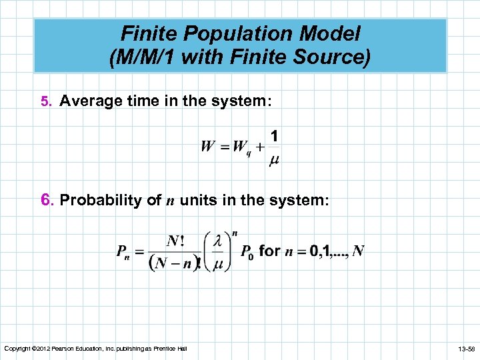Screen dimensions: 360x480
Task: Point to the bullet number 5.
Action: coord(45,101)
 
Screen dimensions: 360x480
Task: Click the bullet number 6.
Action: coord(46,200)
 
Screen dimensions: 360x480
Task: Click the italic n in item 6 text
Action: coord(168,201)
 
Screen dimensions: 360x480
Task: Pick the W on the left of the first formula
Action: coord(208,146)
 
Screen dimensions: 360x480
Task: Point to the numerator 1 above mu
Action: coord(275,136)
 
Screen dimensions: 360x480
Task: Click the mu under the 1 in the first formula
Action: coord(274,160)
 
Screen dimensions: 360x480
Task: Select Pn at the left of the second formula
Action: coord(123,252)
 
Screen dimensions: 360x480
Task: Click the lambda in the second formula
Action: coord(217,241)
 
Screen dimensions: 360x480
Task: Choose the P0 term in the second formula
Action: coord(245,252)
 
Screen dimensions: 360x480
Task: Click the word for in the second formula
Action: coord(269,251)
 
